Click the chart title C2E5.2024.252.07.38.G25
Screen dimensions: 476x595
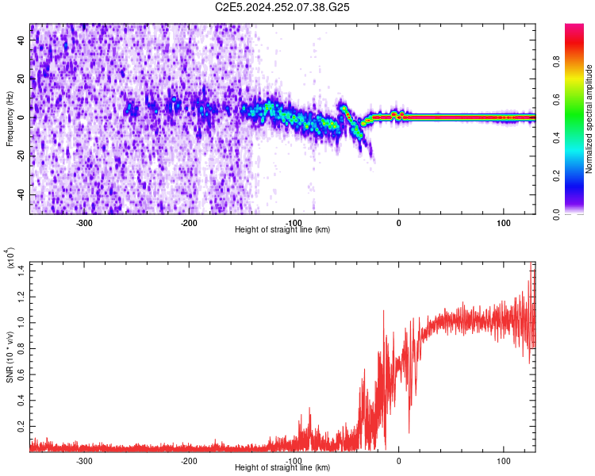click(x=283, y=7)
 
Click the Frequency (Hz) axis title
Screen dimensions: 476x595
click(x=10, y=118)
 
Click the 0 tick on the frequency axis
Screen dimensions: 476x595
click(x=22, y=117)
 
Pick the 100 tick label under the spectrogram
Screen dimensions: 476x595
click(x=503, y=222)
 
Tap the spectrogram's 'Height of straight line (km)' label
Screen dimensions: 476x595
click(x=282, y=230)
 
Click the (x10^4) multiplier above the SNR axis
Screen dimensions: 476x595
click(x=10, y=259)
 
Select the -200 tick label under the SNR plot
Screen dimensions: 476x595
click(x=189, y=460)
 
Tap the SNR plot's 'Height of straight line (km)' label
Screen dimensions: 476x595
click(x=282, y=468)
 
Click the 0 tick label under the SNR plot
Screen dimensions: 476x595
click(x=398, y=460)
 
